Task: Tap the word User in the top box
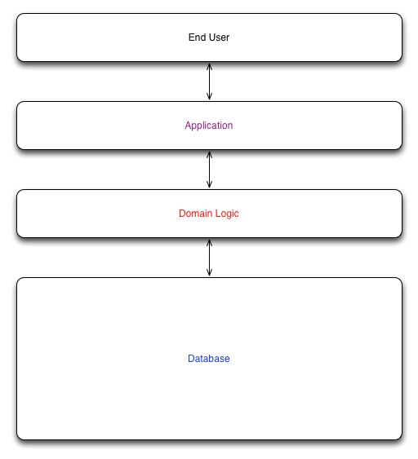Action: (x=219, y=38)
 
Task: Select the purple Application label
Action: (x=209, y=126)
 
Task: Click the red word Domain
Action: (x=195, y=214)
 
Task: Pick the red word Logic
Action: (x=227, y=214)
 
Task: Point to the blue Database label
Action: (x=209, y=359)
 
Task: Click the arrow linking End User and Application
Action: (x=209, y=82)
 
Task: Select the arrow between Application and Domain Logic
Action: (x=209, y=170)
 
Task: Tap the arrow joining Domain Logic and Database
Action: (x=209, y=258)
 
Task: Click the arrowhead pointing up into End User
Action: (x=209, y=66)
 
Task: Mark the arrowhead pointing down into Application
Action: (x=209, y=97)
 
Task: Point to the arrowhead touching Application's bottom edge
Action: (x=209, y=154)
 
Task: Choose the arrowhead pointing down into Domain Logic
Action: (x=209, y=185)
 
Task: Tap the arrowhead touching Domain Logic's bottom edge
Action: (x=209, y=242)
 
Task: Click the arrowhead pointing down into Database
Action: (x=209, y=273)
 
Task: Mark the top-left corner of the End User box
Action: (x=17, y=14)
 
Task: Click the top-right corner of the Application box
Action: (x=402, y=102)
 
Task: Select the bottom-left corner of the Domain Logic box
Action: (x=17, y=236)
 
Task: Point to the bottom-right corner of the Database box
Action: (x=402, y=439)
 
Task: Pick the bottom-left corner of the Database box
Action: (x=17, y=439)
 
